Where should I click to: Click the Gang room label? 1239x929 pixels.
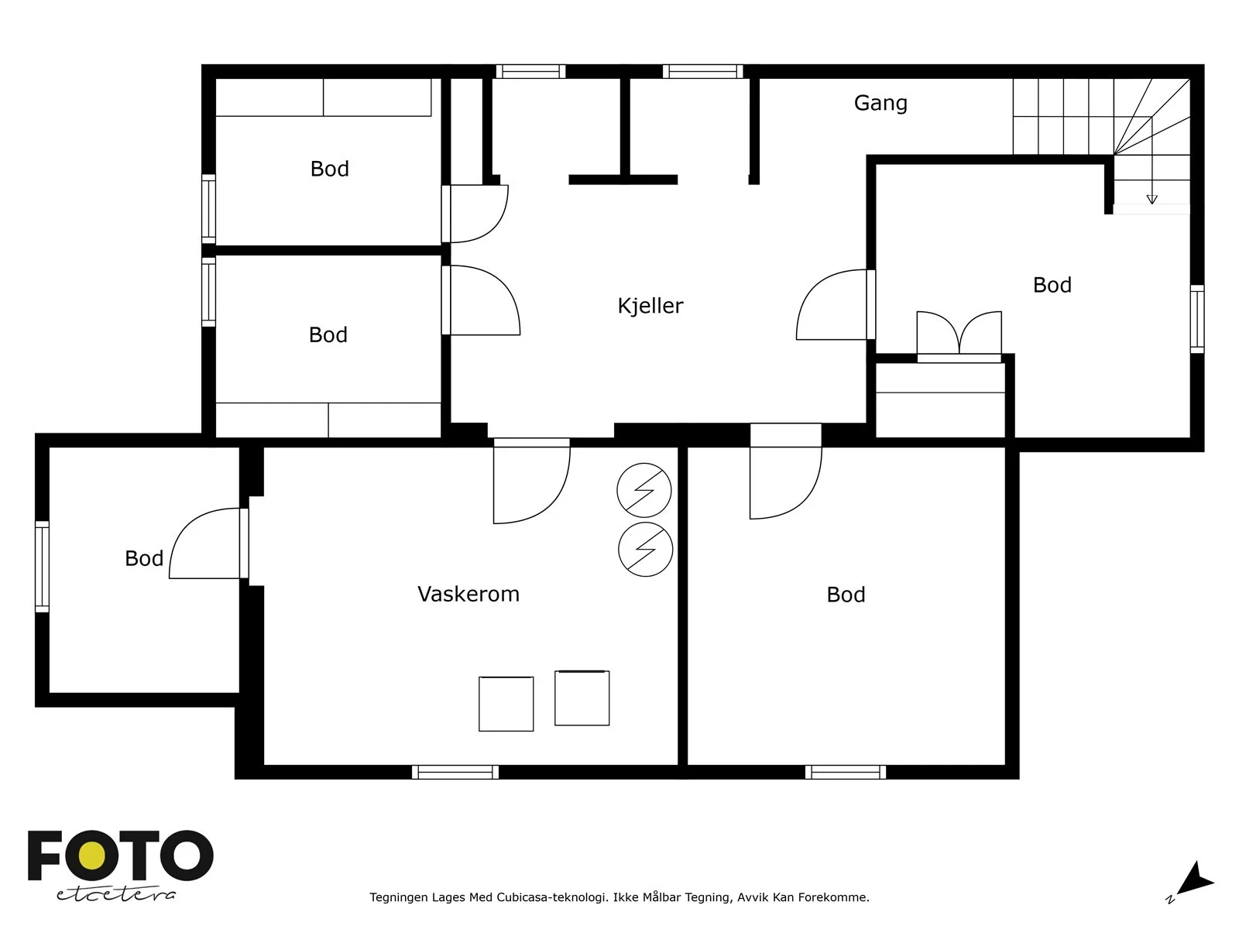click(880, 103)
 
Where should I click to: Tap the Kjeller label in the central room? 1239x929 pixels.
click(650, 306)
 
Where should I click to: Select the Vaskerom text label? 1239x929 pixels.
click(468, 594)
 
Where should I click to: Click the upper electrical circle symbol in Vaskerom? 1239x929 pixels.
click(644, 490)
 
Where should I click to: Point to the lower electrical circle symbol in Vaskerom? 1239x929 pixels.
click(645, 549)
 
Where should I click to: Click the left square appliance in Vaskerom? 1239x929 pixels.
click(506, 704)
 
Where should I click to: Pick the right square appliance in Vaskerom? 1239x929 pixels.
click(582, 698)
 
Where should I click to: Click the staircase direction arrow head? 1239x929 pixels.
click(1152, 199)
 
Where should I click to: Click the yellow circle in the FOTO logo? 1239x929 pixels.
click(92, 856)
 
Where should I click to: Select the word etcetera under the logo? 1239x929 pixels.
click(115, 895)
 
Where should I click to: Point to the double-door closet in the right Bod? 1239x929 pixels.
click(959, 336)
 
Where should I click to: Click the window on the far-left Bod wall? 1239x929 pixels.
click(43, 567)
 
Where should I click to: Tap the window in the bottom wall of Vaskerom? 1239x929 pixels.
click(455, 772)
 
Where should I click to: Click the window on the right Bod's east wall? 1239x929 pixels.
click(1197, 319)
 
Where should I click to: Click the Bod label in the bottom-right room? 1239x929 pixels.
click(846, 595)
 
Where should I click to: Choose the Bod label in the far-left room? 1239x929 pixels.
click(144, 558)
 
